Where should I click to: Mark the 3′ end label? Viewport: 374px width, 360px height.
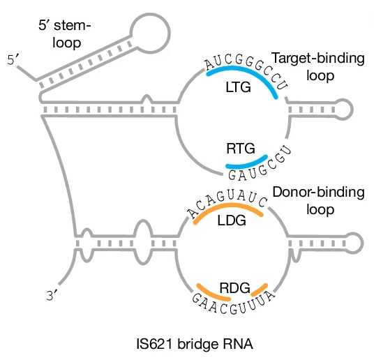pos(52,295)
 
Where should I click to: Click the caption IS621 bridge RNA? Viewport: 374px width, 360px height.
pos(186,344)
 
